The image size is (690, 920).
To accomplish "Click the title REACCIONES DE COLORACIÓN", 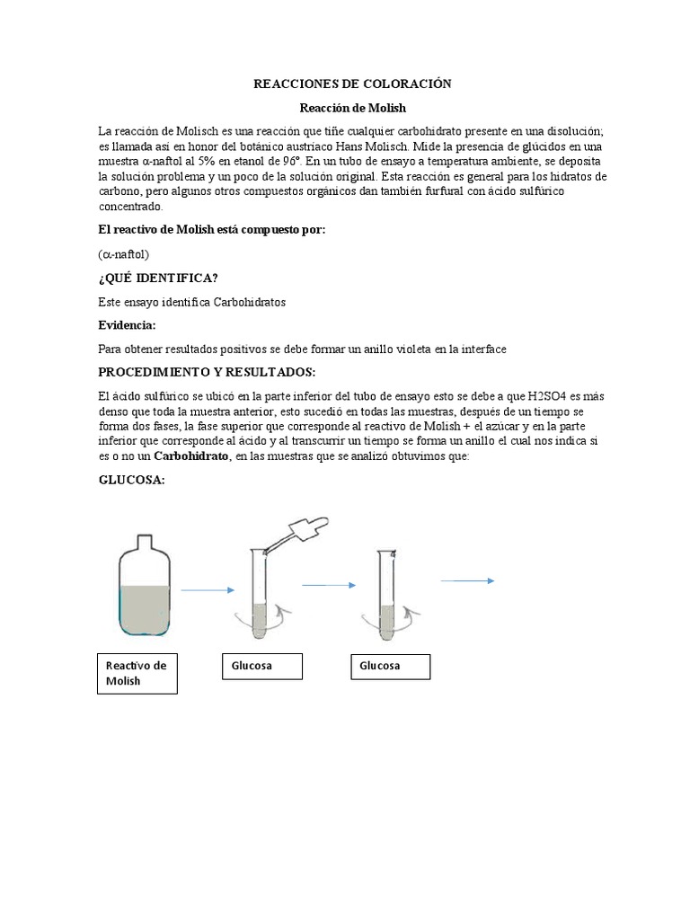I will pyautogui.click(x=352, y=84).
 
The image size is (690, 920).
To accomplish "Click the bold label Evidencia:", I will pyautogui.click(x=127, y=324).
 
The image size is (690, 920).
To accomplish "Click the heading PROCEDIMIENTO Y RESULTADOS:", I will pyautogui.click(x=207, y=372).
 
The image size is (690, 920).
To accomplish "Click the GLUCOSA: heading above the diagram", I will pyautogui.click(x=131, y=481).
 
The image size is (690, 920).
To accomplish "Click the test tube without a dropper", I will pyautogui.click(x=387, y=597).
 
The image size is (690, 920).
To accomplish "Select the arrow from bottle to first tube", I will pyautogui.click(x=208, y=590).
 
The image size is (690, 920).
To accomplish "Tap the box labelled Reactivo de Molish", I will pyautogui.click(x=137, y=673).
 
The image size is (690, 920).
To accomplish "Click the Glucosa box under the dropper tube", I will pyautogui.click(x=261, y=666).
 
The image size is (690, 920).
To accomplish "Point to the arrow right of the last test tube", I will pyautogui.click(x=467, y=581).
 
